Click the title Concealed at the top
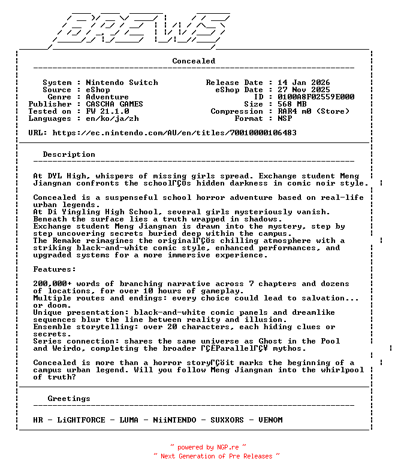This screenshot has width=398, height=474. [194, 61]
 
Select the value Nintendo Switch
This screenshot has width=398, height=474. [122, 83]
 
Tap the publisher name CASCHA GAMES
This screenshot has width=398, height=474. [114, 104]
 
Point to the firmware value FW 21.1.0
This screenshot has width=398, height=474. [107, 111]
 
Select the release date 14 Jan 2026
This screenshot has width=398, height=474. [304, 83]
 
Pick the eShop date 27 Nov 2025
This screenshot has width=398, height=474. [304, 90]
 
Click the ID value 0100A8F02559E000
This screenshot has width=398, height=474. [316, 97]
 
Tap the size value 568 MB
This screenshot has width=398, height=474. [292, 104]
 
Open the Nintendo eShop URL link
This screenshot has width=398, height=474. [174, 133]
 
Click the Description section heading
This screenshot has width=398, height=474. [69, 154]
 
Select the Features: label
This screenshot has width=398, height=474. [55, 269]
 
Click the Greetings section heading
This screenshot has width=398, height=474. [69, 399]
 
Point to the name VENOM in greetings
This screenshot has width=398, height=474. [270, 420]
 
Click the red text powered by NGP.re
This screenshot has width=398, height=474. [208, 447]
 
